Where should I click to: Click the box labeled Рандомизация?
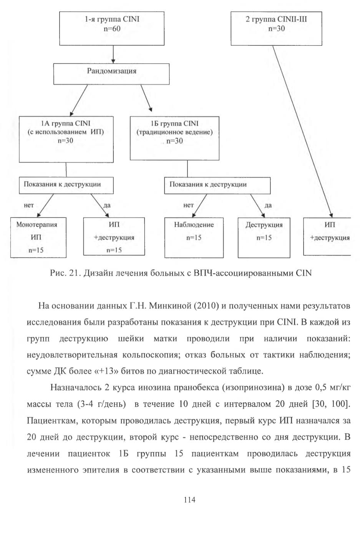tap(111, 74)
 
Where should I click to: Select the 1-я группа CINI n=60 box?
tap(112, 28)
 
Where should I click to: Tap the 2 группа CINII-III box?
tap(276, 28)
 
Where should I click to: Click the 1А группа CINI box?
tap(66, 140)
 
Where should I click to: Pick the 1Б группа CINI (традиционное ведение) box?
tap(174, 138)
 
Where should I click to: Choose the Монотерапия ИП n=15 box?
tap(38, 238)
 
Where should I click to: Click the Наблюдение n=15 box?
tap(194, 238)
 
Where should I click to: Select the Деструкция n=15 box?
tap(264, 238)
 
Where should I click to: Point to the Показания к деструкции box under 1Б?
tap(217, 185)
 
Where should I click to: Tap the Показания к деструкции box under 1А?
tap(66, 185)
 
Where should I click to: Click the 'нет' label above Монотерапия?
tap(29, 205)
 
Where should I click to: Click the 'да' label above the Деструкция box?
tap(268, 205)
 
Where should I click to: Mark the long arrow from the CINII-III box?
tap(302, 131)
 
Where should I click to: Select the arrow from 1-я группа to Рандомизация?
tap(113, 55)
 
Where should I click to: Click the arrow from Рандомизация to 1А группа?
tap(78, 100)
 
